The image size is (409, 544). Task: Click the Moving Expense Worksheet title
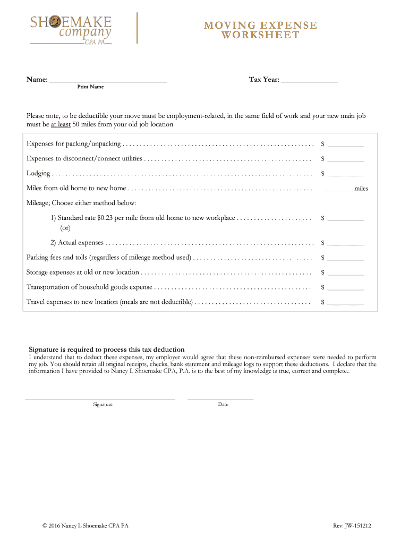click(x=261, y=30)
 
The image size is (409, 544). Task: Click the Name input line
click(x=108, y=81)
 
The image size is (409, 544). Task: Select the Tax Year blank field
click(x=309, y=81)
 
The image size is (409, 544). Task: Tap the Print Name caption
click(x=90, y=87)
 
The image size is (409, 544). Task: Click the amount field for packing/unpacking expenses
click(x=346, y=144)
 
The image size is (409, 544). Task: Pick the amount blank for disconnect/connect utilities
click(x=346, y=159)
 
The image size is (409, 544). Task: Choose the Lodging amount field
click(x=346, y=174)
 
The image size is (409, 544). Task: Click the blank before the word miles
click(x=337, y=189)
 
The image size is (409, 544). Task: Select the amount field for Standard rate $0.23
click(x=346, y=219)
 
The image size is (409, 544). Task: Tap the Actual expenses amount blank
click(x=346, y=243)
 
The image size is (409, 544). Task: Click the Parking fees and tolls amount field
click(x=346, y=258)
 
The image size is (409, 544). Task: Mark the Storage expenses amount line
click(x=346, y=273)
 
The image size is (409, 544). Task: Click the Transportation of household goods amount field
click(x=346, y=288)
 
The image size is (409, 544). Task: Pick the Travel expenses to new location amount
click(x=346, y=303)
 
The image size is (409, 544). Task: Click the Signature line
click(x=100, y=397)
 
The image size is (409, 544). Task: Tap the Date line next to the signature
click(x=220, y=397)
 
